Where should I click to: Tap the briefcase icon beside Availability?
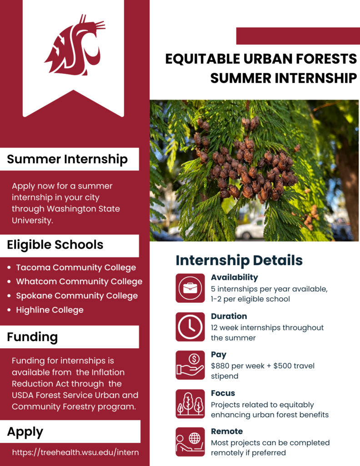(x=190, y=288)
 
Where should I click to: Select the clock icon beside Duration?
(x=190, y=326)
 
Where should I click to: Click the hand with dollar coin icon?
(x=190, y=365)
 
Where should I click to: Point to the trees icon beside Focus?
(x=190, y=404)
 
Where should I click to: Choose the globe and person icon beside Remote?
(x=190, y=442)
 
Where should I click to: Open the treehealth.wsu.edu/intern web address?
(x=75, y=452)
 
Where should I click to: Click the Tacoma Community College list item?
(x=76, y=267)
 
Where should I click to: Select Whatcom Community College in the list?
(x=79, y=281)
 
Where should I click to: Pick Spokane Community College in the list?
(x=77, y=296)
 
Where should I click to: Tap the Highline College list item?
(x=50, y=310)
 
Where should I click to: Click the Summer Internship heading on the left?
(x=67, y=159)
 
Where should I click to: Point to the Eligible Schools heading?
(x=55, y=245)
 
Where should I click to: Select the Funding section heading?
(x=32, y=337)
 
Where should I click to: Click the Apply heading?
(x=25, y=431)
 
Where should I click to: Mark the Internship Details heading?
(x=239, y=261)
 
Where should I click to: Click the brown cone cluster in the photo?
(x=250, y=168)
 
